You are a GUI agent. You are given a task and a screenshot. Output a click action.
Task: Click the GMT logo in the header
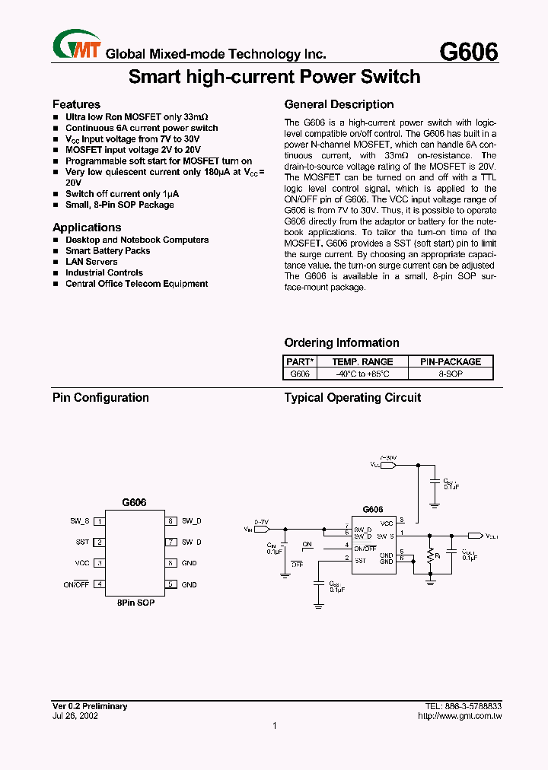(76, 44)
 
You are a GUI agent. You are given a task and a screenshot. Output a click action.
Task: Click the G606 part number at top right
(469, 51)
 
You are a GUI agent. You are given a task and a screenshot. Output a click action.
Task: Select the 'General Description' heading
(339, 104)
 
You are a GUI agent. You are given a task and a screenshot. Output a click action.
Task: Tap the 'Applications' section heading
(87, 228)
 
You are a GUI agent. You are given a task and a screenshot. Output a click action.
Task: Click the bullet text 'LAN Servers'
(91, 262)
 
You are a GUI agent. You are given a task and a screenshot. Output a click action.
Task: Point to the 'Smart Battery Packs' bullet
(107, 250)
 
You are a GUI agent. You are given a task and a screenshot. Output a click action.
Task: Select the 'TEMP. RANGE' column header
(362, 361)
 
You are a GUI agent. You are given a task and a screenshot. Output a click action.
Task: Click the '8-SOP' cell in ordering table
(451, 374)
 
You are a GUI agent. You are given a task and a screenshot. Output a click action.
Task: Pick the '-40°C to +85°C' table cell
(362, 374)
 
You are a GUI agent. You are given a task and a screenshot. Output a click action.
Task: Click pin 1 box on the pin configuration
(99, 521)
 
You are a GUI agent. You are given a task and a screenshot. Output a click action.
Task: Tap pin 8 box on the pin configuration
(171, 521)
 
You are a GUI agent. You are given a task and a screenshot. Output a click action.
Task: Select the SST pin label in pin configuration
(82, 542)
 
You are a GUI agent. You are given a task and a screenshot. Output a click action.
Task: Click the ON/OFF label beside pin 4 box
(76, 584)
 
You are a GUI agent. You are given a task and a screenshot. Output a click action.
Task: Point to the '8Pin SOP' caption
(135, 602)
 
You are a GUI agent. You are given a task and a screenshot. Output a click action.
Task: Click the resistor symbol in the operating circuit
(430, 555)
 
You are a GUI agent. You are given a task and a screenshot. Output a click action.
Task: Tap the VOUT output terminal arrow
(474, 536)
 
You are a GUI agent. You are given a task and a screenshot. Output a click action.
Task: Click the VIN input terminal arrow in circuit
(262, 528)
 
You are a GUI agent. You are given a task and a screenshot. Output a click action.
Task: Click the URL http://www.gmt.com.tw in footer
(460, 716)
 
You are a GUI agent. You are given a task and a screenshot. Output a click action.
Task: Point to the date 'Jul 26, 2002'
(75, 716)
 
